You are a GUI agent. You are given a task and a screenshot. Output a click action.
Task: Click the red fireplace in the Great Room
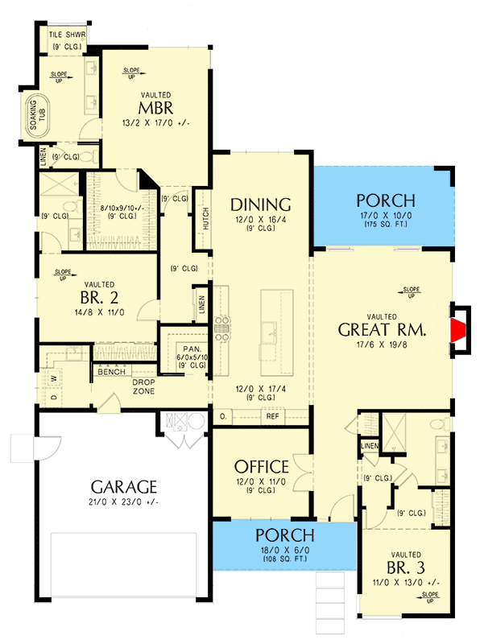(460, 329)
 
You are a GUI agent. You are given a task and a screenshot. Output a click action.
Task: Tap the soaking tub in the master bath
(38, 118)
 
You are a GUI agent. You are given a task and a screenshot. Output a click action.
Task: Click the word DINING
(260, 204)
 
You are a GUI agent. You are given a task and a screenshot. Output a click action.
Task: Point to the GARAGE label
(123, 487)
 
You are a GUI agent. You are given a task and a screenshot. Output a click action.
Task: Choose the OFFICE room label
(261, 467)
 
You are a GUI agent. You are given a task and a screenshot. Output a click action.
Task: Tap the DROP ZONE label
(137, 386)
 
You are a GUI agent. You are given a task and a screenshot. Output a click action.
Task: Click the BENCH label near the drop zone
(111, 372)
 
